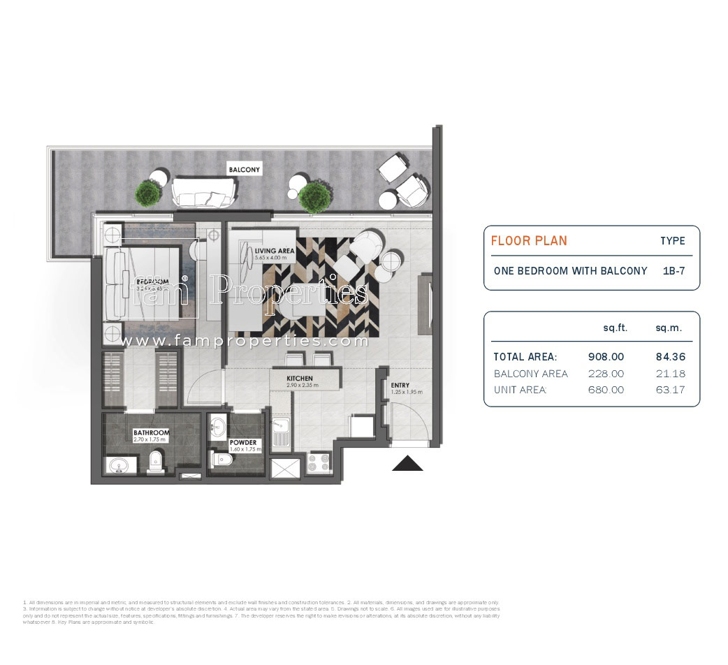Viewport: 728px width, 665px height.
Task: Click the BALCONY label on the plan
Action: point(244,170)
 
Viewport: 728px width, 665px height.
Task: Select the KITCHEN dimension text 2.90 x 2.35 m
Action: point(302,386)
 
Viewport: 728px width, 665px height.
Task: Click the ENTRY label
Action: point(400,386)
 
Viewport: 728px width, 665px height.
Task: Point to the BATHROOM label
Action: point(151,433)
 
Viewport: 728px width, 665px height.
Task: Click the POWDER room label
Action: point(242,443)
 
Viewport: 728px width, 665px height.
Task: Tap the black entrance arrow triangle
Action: point(407,463)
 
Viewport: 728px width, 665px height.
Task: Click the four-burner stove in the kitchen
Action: point(318,463)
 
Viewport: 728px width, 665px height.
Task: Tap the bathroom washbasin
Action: point(116,465)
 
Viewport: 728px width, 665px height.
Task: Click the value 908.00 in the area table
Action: point(606,356)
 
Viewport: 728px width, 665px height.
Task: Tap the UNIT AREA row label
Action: point(520,390)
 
